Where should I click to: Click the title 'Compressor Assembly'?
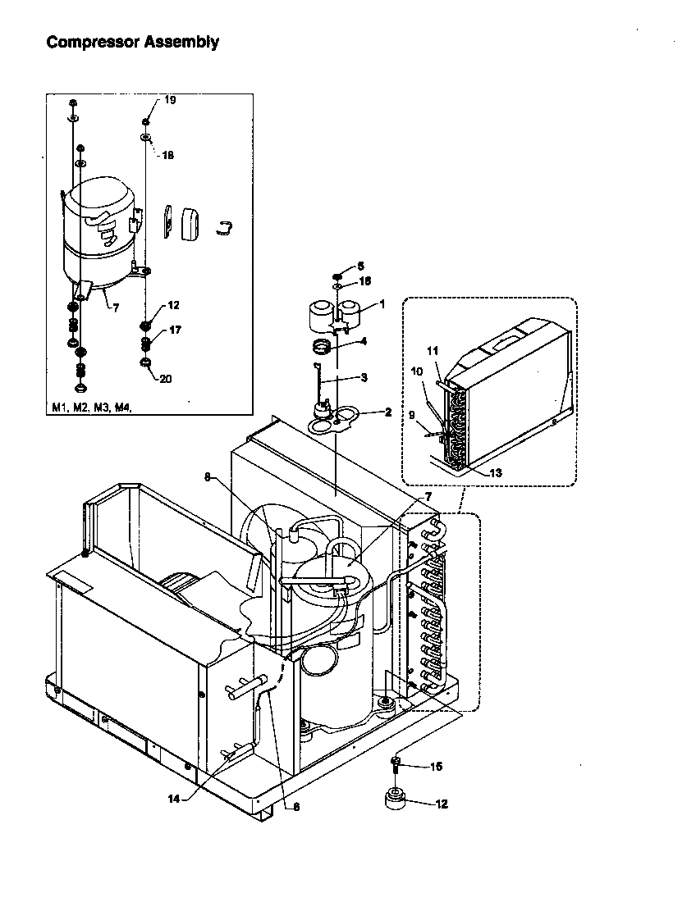(x=132, y=42)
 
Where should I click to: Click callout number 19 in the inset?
(x=170, y=100)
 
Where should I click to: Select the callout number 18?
(x=167, y=155)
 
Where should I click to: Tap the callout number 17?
(x=175, y=330)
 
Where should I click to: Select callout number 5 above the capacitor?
(x=359, y=266)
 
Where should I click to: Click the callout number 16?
(x=364, y=281)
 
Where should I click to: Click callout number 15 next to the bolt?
(x=436, y=767)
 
